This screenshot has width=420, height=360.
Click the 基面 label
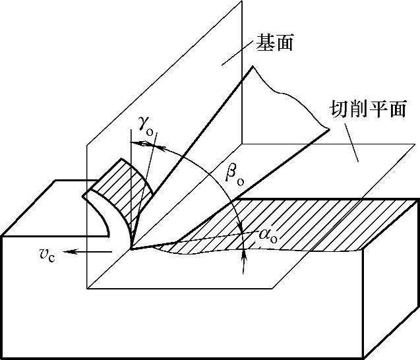tap(272, 44)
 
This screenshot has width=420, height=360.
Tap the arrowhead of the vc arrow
tap(73, 251)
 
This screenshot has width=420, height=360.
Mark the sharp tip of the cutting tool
tap(132, 249)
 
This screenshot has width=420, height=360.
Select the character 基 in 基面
tap(262, 44)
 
